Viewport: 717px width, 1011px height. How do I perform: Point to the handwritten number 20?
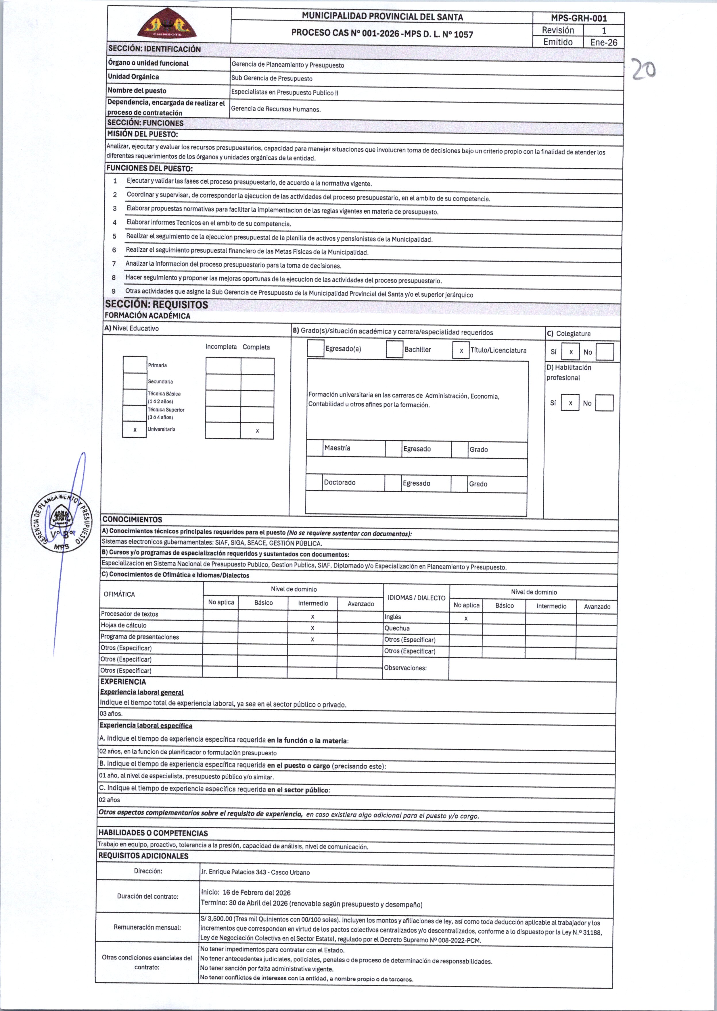[643, 70]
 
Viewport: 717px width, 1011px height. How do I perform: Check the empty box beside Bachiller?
[394, 349]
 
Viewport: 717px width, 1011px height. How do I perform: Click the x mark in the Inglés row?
[466, 618]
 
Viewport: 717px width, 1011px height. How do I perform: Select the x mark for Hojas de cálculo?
[312, 628]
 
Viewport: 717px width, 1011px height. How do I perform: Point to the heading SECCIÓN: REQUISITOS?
[156, 304]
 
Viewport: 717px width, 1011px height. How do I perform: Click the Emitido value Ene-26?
[603, 42]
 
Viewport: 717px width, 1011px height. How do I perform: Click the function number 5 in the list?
[114, 236]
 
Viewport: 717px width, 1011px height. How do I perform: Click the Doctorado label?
[340, 483]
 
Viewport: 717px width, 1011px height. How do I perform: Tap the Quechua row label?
[397, 628]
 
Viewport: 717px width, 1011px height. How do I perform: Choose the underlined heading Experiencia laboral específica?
[146, 726]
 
